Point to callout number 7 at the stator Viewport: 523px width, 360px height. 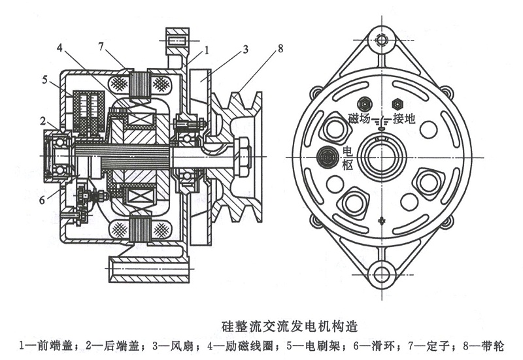tap(101, 46)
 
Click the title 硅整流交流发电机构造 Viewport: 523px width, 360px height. tap(288, 324)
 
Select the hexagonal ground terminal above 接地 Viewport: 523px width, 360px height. tap(396, 105)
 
